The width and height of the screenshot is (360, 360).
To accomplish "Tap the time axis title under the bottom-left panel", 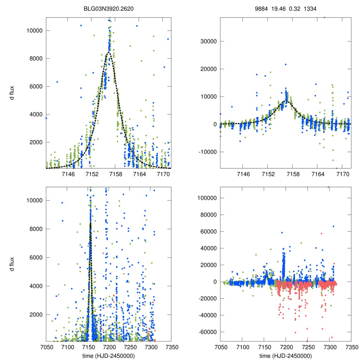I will [x=109, y=355].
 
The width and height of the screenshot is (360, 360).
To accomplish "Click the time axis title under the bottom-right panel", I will [x=285, y=355].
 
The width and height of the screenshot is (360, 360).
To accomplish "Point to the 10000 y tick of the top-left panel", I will [x=34, y=31].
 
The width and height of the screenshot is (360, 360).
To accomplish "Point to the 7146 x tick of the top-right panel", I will [x=243, y=174].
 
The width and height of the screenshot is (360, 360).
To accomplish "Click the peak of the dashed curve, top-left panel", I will [x=109, y=52].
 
